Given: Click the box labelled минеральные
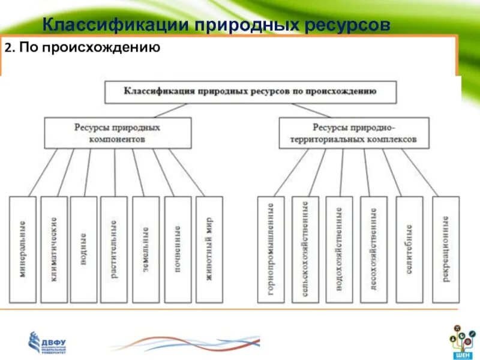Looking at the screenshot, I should click(22, 249).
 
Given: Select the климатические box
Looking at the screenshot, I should click(53, 249).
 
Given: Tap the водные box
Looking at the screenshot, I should click(83, 249).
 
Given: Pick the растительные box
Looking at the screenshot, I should click(114, 249).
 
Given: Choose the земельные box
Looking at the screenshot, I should click(146, 249).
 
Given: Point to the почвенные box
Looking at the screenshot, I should click(178, 249).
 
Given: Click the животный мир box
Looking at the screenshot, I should click(209, 249).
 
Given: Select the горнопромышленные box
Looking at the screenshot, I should click(271, 249).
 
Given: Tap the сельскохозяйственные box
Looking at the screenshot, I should click(305, 249).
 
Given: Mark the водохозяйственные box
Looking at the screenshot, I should click(339, 249).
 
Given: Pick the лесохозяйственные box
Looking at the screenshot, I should click(374, 249).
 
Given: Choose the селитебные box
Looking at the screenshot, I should click(409, 249).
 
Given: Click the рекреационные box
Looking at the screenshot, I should click(446, 249).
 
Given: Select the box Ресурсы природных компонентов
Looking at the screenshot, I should click(118, 133).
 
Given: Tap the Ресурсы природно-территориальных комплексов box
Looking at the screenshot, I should click(354, 133).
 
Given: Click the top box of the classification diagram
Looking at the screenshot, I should click(250, 92).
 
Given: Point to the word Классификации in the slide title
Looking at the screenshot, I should click(114, 25).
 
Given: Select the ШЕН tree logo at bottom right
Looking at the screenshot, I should click(462, 339).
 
